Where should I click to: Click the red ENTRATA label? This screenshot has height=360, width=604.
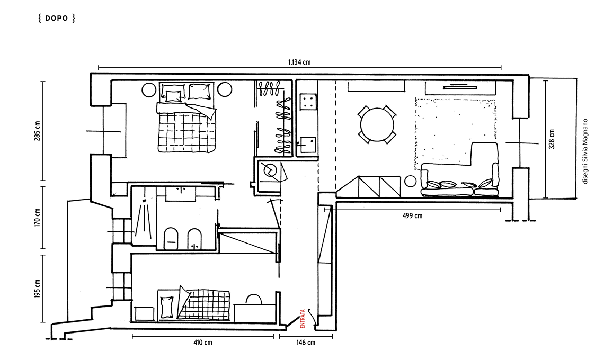(x=303, y=318)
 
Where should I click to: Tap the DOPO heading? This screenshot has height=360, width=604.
(x=57, y=18)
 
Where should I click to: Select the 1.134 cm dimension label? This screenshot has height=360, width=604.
(x=299, y=62)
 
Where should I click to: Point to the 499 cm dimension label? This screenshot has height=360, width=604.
(x=412, y=215)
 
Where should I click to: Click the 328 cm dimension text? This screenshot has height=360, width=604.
(x=552, y=139)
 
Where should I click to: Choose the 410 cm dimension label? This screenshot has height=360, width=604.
(x=202, y=343)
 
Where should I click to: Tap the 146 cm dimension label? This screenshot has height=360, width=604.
(x=306, y=343)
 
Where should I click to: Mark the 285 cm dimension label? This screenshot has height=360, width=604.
(x=38, y=131)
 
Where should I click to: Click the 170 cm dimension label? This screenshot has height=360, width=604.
(x=38, y=218)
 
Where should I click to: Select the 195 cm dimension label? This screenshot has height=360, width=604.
(x=38, y=289)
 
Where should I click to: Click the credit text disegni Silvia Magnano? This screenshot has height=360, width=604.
(x=585, y=151)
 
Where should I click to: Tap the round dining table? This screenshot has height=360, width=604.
(x=377, y=125)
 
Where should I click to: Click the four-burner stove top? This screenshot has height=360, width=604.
(x=308, y=102)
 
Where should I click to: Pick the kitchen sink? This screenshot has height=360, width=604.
(x=308, y=145)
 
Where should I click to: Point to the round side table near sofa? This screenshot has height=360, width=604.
(x=411, y=181)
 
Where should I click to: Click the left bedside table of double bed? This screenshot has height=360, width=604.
(x=149, y=89)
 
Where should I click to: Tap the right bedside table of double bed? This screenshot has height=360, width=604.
(x=225, y=89)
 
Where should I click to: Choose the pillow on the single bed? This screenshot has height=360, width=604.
(x=167, y=307)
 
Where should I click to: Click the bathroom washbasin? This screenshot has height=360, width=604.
(x=180, y=194)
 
